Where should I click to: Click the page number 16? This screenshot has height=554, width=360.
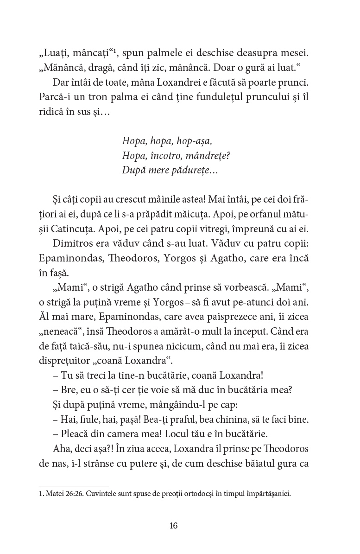[174, 526]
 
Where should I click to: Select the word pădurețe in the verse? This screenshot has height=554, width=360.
[189, 171]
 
